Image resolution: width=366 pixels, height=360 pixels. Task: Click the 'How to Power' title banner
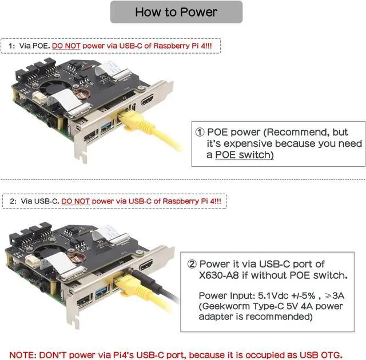pos(176,12)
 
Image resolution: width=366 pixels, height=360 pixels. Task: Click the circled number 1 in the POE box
pos(200,132)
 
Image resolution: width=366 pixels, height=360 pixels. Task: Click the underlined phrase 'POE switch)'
pos(244,155)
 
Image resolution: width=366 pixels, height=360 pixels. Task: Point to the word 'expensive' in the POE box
pos(243,143)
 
